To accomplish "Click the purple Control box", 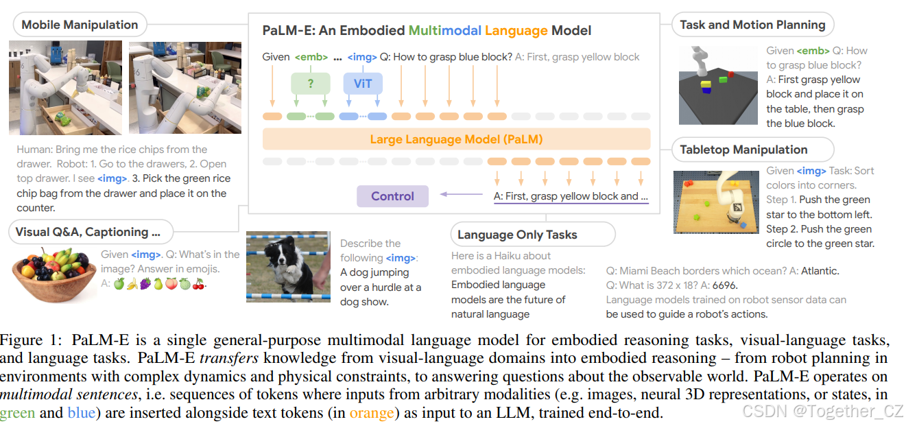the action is tap(392, 196).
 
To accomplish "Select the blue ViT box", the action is tap(362, 84).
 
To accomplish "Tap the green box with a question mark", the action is tap(310, 84).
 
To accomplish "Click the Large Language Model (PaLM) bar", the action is tap(456, 139).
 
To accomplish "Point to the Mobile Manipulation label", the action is tap(80, 25).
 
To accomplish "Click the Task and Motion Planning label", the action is tap(752, 25).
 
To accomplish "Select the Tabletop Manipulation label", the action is tap(743, 150).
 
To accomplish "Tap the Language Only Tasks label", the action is tap(517, 235).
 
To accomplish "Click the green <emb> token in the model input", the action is tap(311, 57).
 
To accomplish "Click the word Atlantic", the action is tap(820, 271).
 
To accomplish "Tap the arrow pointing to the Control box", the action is tap(453, 194).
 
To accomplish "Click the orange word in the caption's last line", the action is tap(372, 413).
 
